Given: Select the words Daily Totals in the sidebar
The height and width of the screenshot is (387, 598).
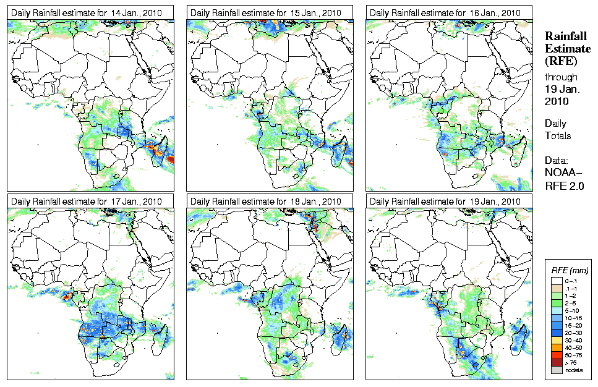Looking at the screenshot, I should pos(558,129).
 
